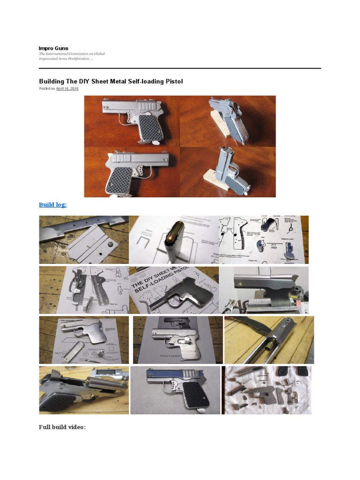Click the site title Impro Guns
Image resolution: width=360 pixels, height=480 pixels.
(x=53, y=48)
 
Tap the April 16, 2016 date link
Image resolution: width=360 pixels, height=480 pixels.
(x=67, y=89)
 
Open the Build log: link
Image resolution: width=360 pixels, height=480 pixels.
(x=52, y=205)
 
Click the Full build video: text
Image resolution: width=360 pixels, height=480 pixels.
(x=62, y=427)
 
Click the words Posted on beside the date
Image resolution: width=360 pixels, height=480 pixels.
(x=47, y=89)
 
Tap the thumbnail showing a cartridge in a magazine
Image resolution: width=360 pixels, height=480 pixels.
(x=173, y=239)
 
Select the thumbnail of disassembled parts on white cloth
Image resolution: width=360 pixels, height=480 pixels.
(x=266, y=390)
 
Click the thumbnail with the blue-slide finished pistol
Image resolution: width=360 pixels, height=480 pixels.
(x=175, y=390)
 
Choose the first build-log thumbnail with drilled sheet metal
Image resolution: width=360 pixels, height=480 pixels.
(x=83, y=239)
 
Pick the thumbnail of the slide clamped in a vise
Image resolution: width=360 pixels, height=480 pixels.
(x=264, y=290)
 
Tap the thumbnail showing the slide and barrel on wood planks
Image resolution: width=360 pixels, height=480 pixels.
(x=269, y=340)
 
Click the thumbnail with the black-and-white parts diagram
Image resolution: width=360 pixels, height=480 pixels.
(x=263, y=239)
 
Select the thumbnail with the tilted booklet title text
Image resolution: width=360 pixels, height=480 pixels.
(x=173, y=290)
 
